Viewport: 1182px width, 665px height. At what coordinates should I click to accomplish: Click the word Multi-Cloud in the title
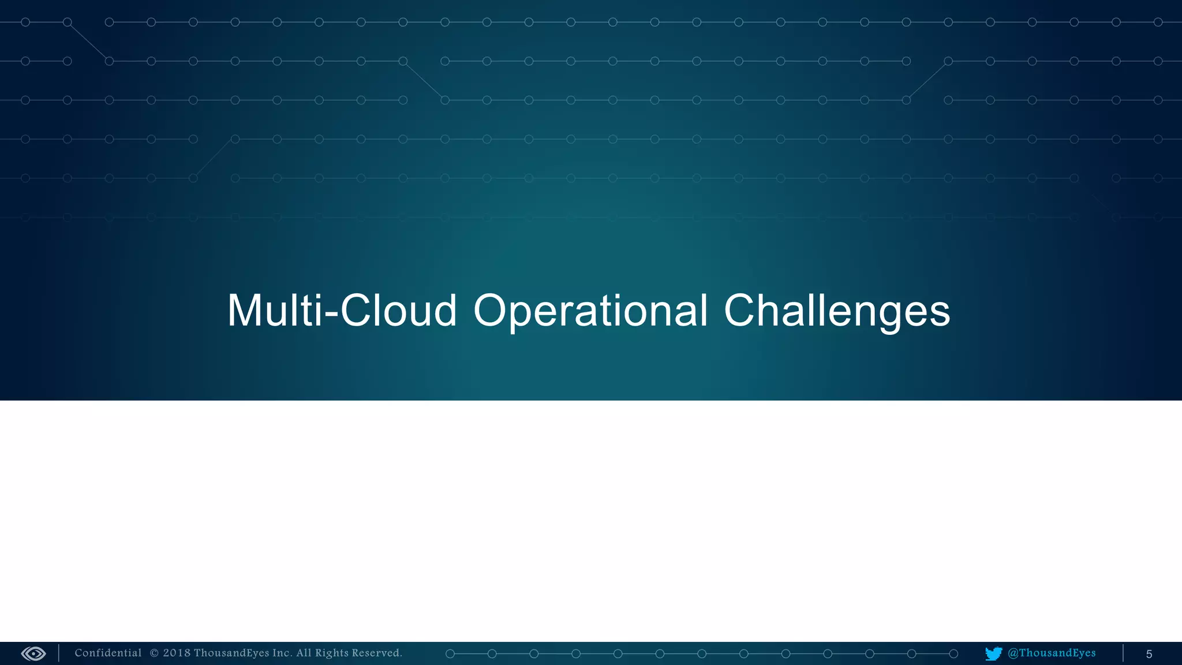pos(342,311)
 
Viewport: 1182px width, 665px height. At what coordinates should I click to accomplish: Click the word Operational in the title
pos(590,311)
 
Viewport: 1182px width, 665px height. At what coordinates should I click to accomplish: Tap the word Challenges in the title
pos(836,311)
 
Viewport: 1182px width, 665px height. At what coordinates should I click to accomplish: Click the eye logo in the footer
pos(33,653)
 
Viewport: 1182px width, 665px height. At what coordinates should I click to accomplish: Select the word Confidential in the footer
pos(108,653)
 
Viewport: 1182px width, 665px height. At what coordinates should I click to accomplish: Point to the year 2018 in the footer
pos(177,653)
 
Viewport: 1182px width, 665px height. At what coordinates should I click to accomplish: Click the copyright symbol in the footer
pos(154,653)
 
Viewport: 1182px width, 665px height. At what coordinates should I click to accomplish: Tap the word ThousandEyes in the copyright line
pos(231,653)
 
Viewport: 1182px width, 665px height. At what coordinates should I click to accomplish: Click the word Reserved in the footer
pos(376,653)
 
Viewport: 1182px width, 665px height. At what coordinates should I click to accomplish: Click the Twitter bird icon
pos(993,653)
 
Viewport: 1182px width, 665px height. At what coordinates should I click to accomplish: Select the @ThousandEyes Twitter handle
pos(1052,653)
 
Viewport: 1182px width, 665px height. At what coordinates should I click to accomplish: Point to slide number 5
pos(1149,654)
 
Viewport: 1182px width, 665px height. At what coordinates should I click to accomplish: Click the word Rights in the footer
pos(332,653)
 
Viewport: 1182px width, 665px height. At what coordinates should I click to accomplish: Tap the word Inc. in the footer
pos(282,653)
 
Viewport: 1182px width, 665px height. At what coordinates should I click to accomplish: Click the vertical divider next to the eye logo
pos(59,653)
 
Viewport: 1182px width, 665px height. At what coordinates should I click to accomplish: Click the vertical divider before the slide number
pos(1123,653)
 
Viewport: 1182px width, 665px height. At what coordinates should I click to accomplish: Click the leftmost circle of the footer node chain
pos(450,653)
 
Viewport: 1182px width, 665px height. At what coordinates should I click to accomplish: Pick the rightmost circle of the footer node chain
pos(953,653)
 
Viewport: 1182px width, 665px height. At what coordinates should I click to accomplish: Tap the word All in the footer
pos(304,653)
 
